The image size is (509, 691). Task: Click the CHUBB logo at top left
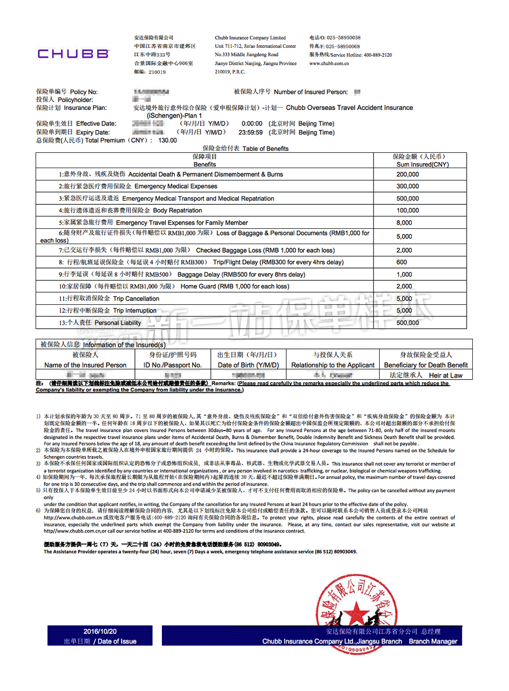(x=73, y=54)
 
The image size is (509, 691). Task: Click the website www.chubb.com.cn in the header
(x=329, y=64)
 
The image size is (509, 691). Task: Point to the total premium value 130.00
(x=167, y=141)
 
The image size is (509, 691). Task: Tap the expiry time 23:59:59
(x=250, y=132)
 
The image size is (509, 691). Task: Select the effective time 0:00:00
(x=252, y=124)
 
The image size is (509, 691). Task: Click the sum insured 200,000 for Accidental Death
(x=408, y=174)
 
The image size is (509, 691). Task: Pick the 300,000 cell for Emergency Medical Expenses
(x=408, y=187)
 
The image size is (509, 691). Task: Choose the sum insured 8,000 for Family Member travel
(x=404, y=223)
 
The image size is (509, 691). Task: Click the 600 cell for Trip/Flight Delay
(x=402, y=262)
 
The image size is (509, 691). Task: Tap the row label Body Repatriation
(x=177, y=210)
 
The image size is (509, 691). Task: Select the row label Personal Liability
(x=118, y=323)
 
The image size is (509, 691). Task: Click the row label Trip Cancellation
(x=136, y=299)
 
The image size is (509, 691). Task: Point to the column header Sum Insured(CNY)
(x=422, y=165)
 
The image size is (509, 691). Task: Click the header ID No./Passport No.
(x=173, y=365)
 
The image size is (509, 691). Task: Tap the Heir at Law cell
(x=445, y=376)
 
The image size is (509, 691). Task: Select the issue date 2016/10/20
(x=100, y=631)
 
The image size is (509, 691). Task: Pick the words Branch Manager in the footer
(x=433, y=642)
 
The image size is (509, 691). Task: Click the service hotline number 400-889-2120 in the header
(x=378, y=55)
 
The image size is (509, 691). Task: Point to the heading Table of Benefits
(x=265, y=149)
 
